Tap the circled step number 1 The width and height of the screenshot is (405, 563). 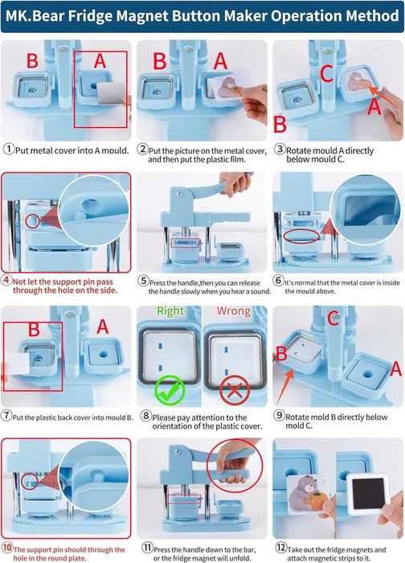[x=9, y=149]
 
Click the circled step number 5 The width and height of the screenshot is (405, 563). [x=144, y=281]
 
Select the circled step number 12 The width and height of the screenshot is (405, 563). [x=281, y=548]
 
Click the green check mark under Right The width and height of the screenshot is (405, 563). [x=170, y=390]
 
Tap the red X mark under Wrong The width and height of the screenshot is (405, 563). [x=235, y=390]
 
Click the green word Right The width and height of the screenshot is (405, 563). [x=170, y=311]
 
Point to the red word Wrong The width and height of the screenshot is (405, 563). [x=234, y=311]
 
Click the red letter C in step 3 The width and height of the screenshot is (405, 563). [x=326, y=74]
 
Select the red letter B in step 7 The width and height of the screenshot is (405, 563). [x=34, y=329]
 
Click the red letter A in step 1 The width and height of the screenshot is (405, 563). [x=100, y=60]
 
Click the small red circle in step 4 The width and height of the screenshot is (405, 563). [x=32, y=221]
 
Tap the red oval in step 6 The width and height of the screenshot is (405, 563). [x=301, y=236]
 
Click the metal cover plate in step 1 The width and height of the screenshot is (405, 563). [x=112, y=93]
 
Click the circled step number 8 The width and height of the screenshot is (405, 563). [x=145, y=416]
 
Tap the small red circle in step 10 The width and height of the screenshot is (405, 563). [x=30, y=481]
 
